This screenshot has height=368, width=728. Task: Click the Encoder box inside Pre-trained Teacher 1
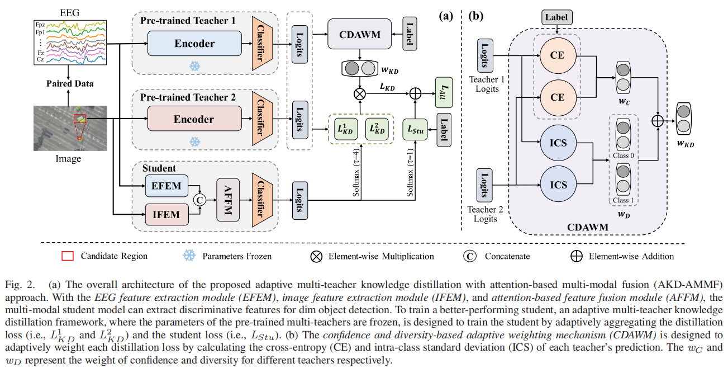tap(194, 43)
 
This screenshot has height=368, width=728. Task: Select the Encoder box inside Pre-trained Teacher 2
tap(194, 119)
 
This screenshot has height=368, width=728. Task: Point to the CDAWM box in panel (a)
tap(359, 35)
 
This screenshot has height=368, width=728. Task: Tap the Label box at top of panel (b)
tap(556, 17)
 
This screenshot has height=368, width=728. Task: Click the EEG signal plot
tap(70, 41)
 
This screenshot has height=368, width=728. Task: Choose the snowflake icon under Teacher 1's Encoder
tap(195, 66)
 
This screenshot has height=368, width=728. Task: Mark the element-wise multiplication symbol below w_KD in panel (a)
tap(359, 93)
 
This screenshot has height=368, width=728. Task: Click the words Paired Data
tap(69, 84)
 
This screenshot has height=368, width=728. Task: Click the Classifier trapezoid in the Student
tap(260, 199)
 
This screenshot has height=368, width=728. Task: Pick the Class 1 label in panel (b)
tap(624, 200)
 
